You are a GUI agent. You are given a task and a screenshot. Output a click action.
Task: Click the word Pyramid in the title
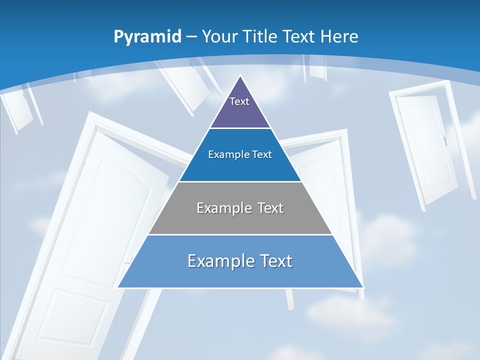coord(147,37)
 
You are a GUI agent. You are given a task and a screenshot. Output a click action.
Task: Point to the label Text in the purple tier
coord(239,101)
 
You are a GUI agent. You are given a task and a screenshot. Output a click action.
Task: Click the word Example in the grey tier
coord(220,208)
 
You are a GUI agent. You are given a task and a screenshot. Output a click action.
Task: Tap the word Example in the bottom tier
coord(216,261)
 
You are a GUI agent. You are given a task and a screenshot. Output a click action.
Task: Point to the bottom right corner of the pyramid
coord(363,287)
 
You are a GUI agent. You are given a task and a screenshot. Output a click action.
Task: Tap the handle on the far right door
coord(444,140)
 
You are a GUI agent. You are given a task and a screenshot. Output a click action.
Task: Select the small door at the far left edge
coord(17,110)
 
